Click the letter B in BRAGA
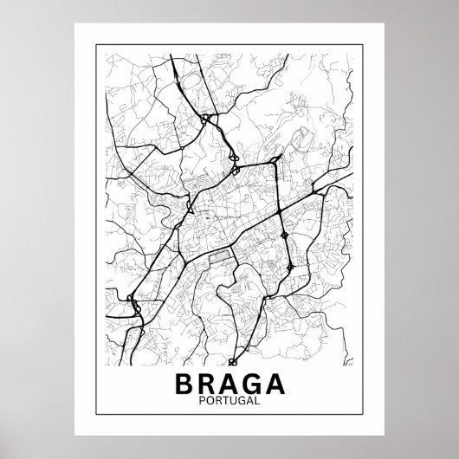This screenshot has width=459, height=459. tap(186, 380)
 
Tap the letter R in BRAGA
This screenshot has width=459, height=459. tap(208, 380)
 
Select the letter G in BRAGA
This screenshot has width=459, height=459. tap(252, 380)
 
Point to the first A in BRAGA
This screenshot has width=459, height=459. tap(229, 380)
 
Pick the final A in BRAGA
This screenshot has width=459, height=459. tap(275, 380)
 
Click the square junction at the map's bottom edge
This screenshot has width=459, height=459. tap(234, 362)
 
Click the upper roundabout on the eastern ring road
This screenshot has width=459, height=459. tap(285, 234)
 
